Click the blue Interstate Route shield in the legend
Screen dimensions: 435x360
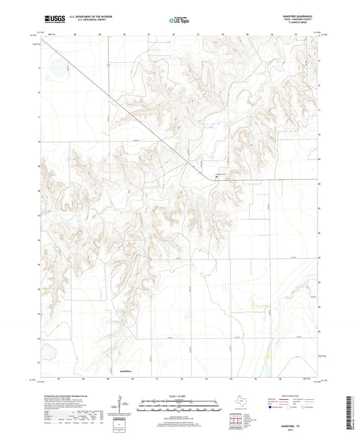click(x=271, y=407)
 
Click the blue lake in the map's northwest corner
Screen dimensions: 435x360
click(x=57, y=68)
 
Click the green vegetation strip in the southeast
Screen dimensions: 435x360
click(x=271, y=352)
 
